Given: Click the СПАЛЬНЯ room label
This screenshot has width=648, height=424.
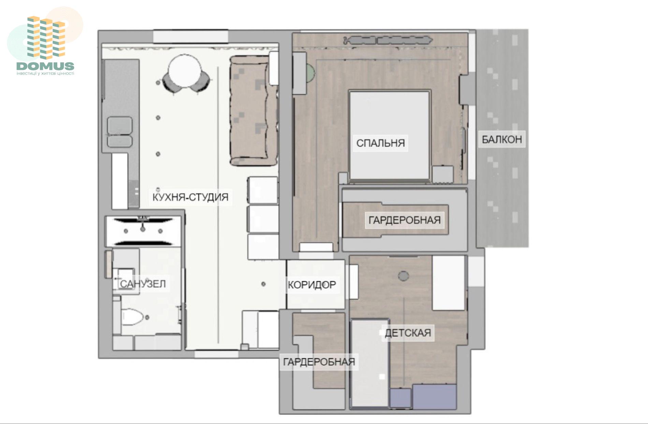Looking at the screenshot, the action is [x=380, y=143].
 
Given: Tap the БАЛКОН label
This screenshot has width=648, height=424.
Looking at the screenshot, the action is [x=502, y=139].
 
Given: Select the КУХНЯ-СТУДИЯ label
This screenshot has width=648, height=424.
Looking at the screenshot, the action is [x=190, y=197].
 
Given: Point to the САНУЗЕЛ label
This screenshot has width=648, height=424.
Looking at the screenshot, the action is [x=143, y=284].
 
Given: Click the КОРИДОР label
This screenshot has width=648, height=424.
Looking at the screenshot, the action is [x=312, y=285].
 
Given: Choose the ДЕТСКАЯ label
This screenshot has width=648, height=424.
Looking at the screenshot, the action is [x=408, y=333].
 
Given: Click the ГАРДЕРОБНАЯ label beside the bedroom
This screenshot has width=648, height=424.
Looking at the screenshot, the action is [x=404, y=220].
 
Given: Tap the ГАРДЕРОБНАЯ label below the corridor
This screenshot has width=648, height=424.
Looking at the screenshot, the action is [x=319, y=362].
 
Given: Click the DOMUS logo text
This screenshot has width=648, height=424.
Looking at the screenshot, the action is [x=45, y=66].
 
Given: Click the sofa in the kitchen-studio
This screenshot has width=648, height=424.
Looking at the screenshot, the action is [x=253, y=111].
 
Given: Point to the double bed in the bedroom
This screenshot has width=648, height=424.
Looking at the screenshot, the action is [x=389, y=135].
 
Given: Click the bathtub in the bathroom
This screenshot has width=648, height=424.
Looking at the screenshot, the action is [x=143, y=231].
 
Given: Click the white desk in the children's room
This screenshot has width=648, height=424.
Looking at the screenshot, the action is [x=448, y=283].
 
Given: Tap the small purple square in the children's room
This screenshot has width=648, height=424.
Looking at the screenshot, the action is [x=400, y=398].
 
